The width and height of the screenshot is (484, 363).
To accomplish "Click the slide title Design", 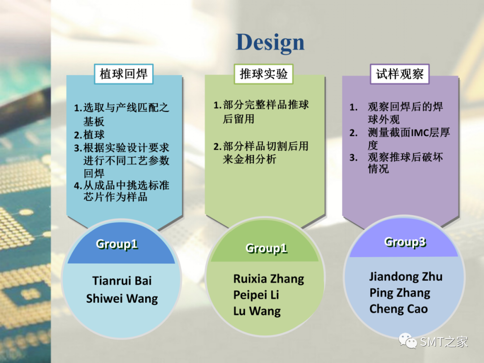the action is [270, 43].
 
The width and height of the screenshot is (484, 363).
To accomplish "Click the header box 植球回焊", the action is [124, 74].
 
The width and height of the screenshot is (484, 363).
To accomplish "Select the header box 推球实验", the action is [264, 74].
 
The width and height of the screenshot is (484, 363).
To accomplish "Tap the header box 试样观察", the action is [400, 74].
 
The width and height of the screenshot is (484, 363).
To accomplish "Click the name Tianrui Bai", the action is [122, 281].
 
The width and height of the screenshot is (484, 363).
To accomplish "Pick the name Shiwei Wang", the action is [122, 299].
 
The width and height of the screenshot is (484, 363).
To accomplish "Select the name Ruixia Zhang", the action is [268, 279].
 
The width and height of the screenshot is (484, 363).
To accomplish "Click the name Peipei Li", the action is [256, 295].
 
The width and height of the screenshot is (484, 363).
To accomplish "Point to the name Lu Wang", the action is [257, 311].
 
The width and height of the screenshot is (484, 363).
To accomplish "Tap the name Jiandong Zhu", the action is [406, 277].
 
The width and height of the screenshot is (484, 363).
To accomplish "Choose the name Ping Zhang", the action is [400, 293].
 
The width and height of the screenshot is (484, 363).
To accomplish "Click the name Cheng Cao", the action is [398, 309].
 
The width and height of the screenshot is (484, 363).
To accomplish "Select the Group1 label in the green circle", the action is [266, 248].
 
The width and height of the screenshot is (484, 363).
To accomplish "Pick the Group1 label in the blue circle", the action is [117, 244].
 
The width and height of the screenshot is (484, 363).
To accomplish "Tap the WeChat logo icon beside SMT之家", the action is [408, 341].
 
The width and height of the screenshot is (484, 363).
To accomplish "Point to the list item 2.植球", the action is [89, 135].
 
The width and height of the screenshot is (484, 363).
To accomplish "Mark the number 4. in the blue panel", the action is [78, 186].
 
